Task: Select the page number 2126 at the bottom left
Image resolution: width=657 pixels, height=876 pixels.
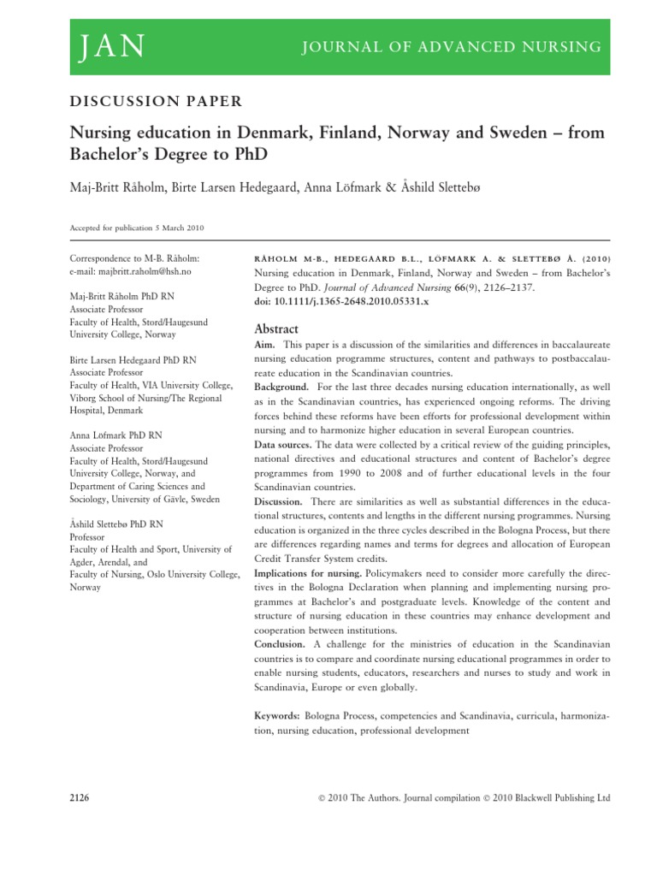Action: coord(79,797)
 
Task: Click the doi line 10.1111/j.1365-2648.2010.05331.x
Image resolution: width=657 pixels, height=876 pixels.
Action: coord(342,302)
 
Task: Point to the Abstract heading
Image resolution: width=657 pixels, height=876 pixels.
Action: coord(276,328)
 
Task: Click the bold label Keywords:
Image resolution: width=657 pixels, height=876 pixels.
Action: coord(277,715)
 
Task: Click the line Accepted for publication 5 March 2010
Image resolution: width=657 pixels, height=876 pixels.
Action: coord(135,228)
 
